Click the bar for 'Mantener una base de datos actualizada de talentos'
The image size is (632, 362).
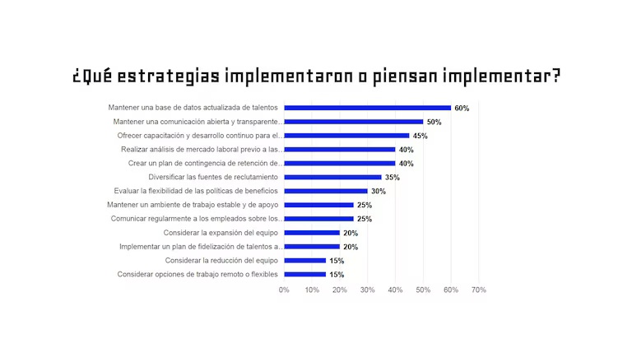[367, 108]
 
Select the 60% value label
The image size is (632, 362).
[462, 108]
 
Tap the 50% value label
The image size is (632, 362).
[434, 122]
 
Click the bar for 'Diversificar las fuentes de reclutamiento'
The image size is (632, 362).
[332, 177]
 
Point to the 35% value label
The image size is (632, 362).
[392, 177]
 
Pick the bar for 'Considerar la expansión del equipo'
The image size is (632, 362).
[312, 233]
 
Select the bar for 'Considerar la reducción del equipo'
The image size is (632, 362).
[304, 261]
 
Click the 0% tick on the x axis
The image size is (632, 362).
[284, 290]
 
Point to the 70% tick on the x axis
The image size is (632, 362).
[478, 290]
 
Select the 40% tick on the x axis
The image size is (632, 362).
[395, 290]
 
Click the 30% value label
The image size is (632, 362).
[378, 191]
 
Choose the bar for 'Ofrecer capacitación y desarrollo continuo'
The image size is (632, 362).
[346, 136]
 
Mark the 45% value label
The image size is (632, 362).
[420, 136]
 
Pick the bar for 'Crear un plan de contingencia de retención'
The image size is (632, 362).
[339, 163]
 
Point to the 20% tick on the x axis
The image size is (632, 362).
[340, 290]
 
